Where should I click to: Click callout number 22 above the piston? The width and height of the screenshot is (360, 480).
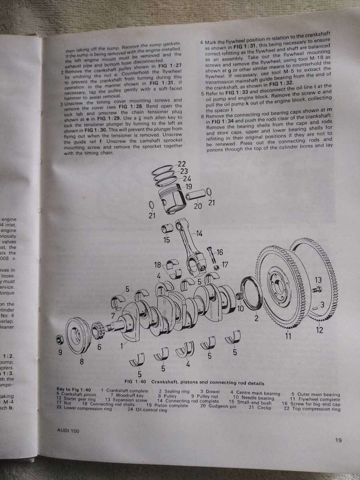[x=182, y=164]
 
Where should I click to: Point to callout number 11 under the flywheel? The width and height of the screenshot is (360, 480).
[x=288, y=336]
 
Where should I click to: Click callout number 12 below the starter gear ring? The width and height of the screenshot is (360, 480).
[x=319, y=330]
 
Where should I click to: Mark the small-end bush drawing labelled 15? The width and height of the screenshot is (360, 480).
[x=166, y=230]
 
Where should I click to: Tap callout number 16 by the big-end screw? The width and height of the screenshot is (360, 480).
[x=220, y=252]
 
